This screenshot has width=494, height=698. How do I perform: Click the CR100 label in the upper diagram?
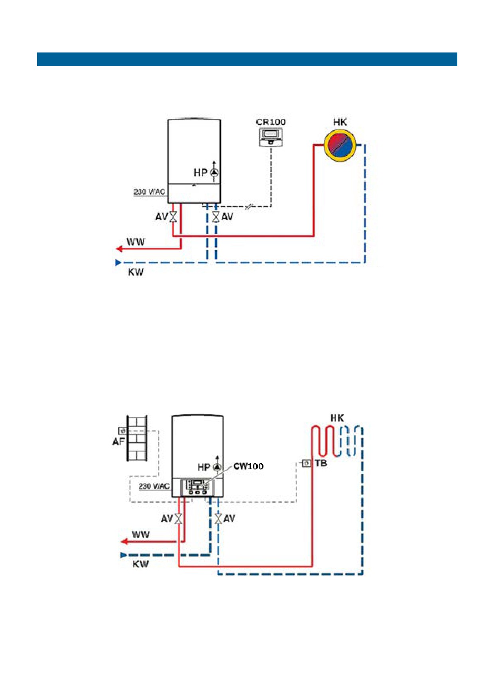point(271,122)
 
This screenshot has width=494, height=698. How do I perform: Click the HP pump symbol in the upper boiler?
point(215,173)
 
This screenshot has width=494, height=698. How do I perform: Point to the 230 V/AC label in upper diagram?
point(149,192)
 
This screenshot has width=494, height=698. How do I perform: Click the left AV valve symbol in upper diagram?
point(173,217)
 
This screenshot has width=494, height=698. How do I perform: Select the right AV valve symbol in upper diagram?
point(216,217)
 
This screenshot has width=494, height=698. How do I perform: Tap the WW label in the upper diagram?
point(136,242)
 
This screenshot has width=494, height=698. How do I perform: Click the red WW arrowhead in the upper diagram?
point(118,249)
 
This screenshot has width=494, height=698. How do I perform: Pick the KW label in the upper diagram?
point(136,273)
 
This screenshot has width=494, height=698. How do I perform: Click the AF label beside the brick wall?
point(118,441)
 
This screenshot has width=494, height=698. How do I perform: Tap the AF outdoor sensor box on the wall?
point(122,431)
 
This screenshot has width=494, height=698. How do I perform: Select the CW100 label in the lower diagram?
point(248,466)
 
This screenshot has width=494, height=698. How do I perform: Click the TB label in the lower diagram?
point(321,463)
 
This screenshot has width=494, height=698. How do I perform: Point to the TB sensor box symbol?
point(307,463)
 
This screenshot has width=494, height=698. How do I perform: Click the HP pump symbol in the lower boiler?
point(217,467)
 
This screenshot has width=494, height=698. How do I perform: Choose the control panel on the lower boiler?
point(197,488)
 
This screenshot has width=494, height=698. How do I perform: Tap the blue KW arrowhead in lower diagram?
point(124,555)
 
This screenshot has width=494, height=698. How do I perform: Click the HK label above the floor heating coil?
point(337,418)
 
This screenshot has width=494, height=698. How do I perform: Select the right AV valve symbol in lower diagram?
point(218,519)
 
